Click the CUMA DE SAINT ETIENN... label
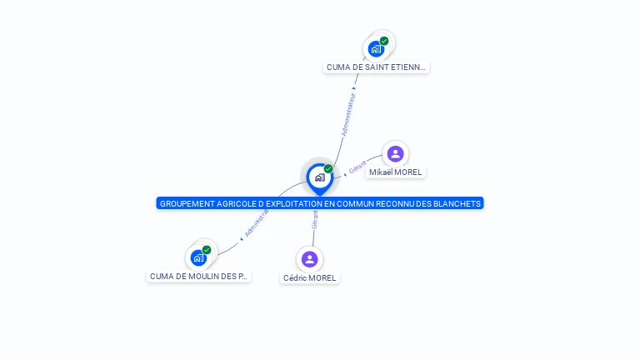point(376,67)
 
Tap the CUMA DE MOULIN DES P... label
point(198,276)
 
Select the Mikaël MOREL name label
point(396,172)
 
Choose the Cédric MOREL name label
point(310,277)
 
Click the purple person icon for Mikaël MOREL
point(396,153)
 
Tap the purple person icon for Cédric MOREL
point(310,259)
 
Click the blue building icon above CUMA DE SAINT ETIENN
point(376,48)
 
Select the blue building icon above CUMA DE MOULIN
point(198,257)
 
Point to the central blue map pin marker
point(319,177)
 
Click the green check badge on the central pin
point(328,169)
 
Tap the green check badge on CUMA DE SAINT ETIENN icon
point(384,41)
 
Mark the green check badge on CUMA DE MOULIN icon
point(207,250)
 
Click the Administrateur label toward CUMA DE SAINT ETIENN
point(349,114)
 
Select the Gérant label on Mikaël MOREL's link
point(357,167)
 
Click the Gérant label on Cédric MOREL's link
point(315,219)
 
